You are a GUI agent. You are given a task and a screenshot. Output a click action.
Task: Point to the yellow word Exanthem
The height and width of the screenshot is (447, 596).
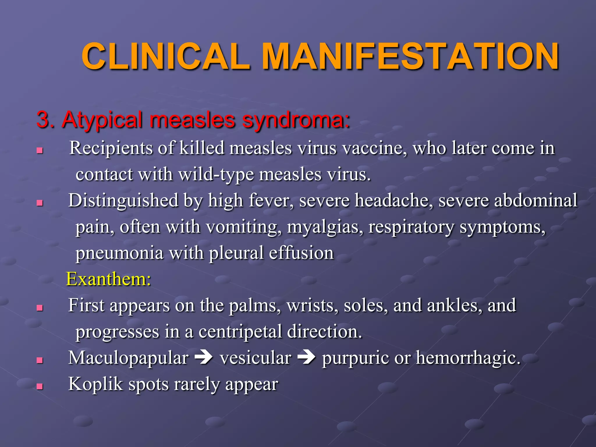click(x=108, y=279)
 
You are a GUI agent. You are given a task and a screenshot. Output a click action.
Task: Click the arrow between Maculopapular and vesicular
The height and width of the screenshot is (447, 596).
click(x=204, y=358)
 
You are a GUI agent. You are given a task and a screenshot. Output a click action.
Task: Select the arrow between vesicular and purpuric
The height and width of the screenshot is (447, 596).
click(x=306, y=358)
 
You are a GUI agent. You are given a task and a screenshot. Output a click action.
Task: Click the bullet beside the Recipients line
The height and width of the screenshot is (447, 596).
click(x=40, y=150)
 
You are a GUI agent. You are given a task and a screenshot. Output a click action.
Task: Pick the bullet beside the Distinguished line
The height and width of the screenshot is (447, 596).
click(x=40, y=203)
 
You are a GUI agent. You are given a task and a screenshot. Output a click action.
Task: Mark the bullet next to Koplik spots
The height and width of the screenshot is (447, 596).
click(x=40, y=386)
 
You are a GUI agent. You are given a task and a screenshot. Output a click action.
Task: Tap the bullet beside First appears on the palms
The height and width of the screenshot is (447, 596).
click(x=40, y=308)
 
